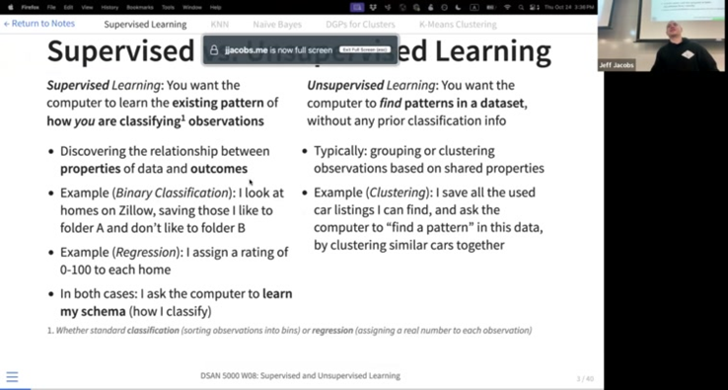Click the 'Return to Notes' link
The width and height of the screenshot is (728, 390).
point(39,23)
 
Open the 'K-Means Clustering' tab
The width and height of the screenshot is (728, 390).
point(458,23)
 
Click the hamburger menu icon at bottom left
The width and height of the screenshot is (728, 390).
point(12,376)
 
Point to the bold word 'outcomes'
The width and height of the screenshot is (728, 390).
point(219,169)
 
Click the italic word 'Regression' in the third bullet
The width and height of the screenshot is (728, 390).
point(156,252)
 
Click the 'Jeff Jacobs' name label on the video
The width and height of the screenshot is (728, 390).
point(617,65)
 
